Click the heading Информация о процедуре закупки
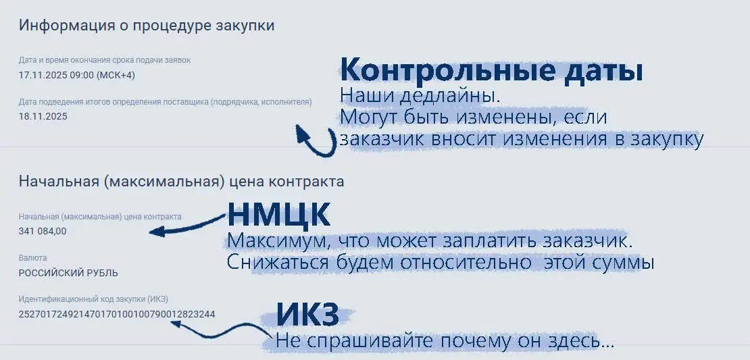pos(147,26)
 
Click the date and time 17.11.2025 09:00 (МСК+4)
pos(77,75)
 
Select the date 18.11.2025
pos(43,115)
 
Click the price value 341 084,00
pos(43,231)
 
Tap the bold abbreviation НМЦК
pos(278,215)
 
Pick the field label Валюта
pos(33,258)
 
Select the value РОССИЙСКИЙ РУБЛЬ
pos(68,273)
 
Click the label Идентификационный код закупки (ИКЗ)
pos(93,299)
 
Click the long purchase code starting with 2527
pos(117,314)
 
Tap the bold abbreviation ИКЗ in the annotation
pos(307,315)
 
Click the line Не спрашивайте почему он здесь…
pos(444,341)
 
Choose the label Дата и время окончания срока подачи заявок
pos(105,60)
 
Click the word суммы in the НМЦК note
pos(622,261)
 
